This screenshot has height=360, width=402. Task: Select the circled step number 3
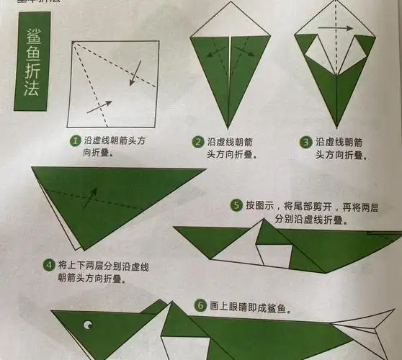click(x=305, y=142)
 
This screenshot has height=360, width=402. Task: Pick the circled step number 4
click(x=48, y=264)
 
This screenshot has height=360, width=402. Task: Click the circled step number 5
click(x=236, y=205)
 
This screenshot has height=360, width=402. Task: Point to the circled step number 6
click(x=201, y=306)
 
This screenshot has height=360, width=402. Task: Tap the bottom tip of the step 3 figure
click(x=336, y=127)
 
